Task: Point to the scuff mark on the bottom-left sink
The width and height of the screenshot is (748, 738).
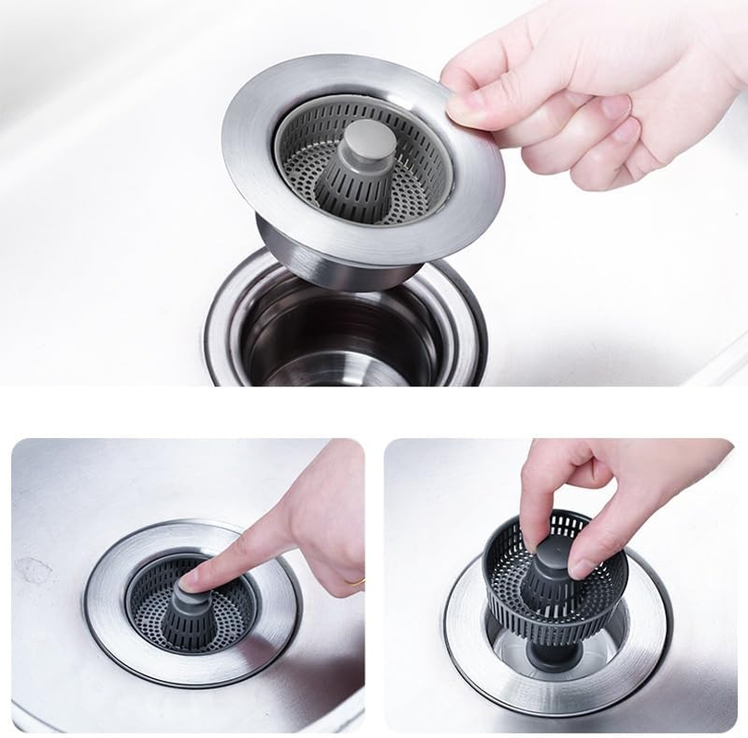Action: pos(32,572)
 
